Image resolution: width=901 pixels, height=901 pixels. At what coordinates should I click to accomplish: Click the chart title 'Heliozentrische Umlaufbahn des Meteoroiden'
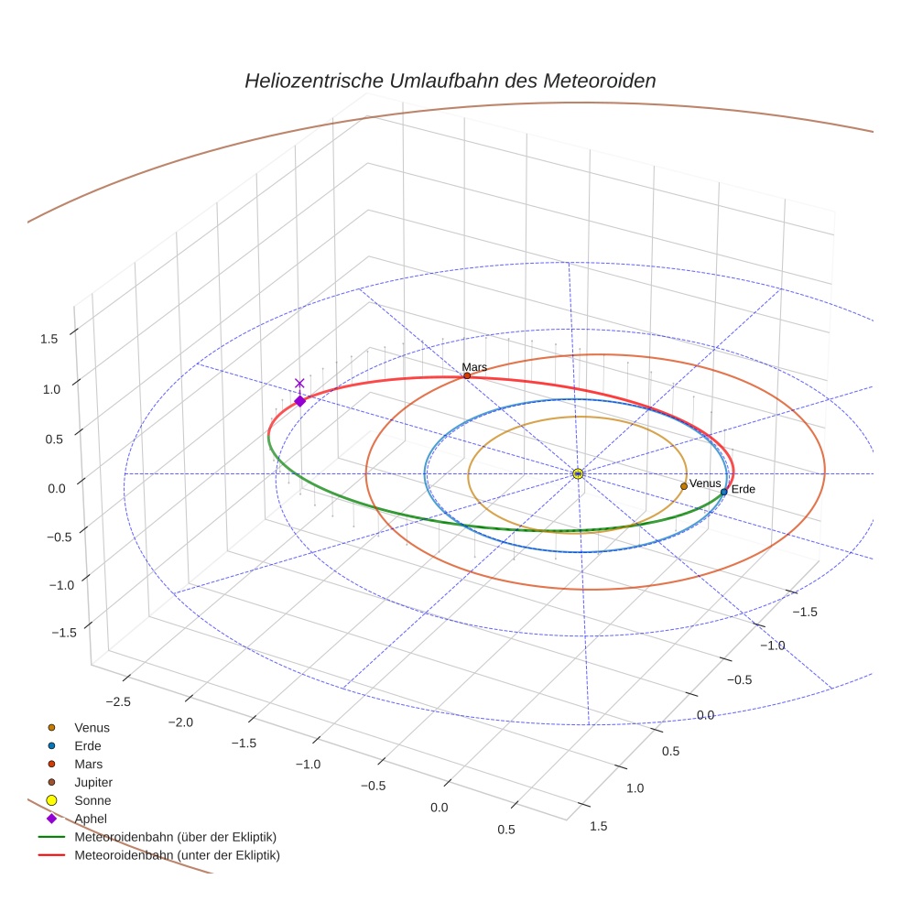click(450, 81)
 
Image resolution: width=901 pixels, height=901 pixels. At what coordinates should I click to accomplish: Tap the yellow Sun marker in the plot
click(578, 473)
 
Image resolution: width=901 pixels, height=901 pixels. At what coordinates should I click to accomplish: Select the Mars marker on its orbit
click(467, 375)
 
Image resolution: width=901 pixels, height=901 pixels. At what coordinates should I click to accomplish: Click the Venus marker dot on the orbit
click(684, 486)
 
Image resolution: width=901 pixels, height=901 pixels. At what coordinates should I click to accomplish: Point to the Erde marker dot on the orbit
click(724, 492)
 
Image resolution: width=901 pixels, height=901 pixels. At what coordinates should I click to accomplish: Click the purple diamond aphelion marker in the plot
click(299, 401)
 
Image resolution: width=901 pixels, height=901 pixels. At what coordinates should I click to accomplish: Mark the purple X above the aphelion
click(299, 384)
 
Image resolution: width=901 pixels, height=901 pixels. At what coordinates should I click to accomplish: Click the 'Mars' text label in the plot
click(474, 366)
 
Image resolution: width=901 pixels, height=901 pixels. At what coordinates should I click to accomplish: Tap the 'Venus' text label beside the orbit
click(705, 483)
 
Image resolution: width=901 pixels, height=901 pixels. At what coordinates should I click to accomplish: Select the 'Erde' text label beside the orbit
click(743, 490)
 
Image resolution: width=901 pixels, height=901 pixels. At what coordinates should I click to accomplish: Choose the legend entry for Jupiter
click(92, 782)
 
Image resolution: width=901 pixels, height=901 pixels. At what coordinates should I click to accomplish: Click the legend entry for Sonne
click(92, 800)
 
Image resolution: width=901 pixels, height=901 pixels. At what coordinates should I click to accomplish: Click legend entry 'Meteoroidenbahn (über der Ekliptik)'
click(175, 837)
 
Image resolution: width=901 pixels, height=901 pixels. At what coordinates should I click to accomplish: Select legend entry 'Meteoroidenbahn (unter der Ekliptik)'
click(177, 855)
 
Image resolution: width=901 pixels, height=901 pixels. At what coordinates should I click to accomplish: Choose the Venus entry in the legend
click(92, 727)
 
